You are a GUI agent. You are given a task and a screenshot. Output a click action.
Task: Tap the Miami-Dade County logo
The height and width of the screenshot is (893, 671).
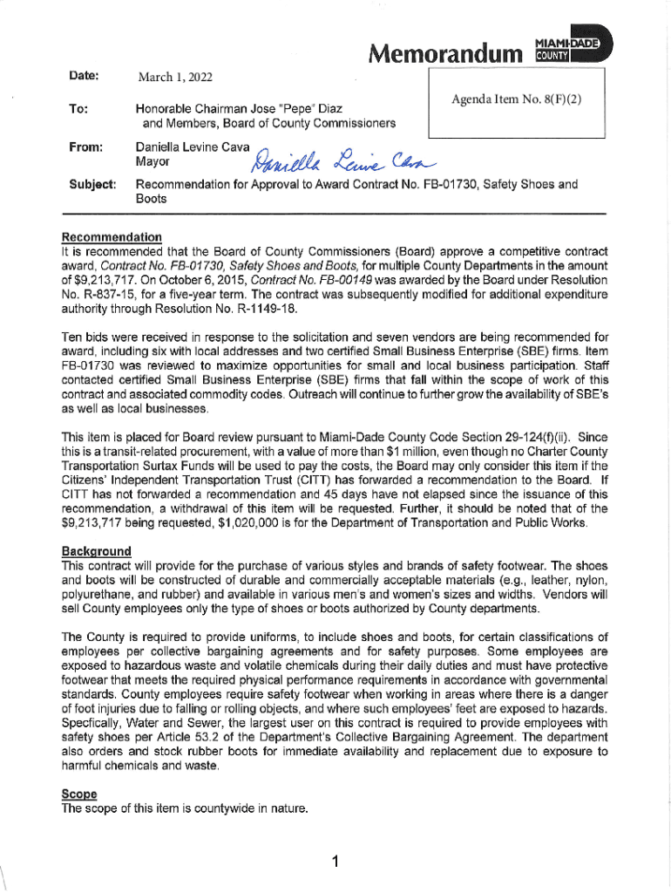tap(572, 50)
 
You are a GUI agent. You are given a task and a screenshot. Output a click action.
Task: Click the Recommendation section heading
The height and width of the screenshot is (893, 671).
tap(112, 236)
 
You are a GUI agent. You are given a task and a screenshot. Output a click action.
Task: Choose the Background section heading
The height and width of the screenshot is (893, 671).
tap(96, 552)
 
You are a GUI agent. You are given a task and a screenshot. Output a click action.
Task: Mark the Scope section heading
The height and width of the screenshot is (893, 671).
tap(79, 794)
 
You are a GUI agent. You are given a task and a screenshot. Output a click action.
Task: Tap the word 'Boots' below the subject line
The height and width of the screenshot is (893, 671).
tap(151, 199)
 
